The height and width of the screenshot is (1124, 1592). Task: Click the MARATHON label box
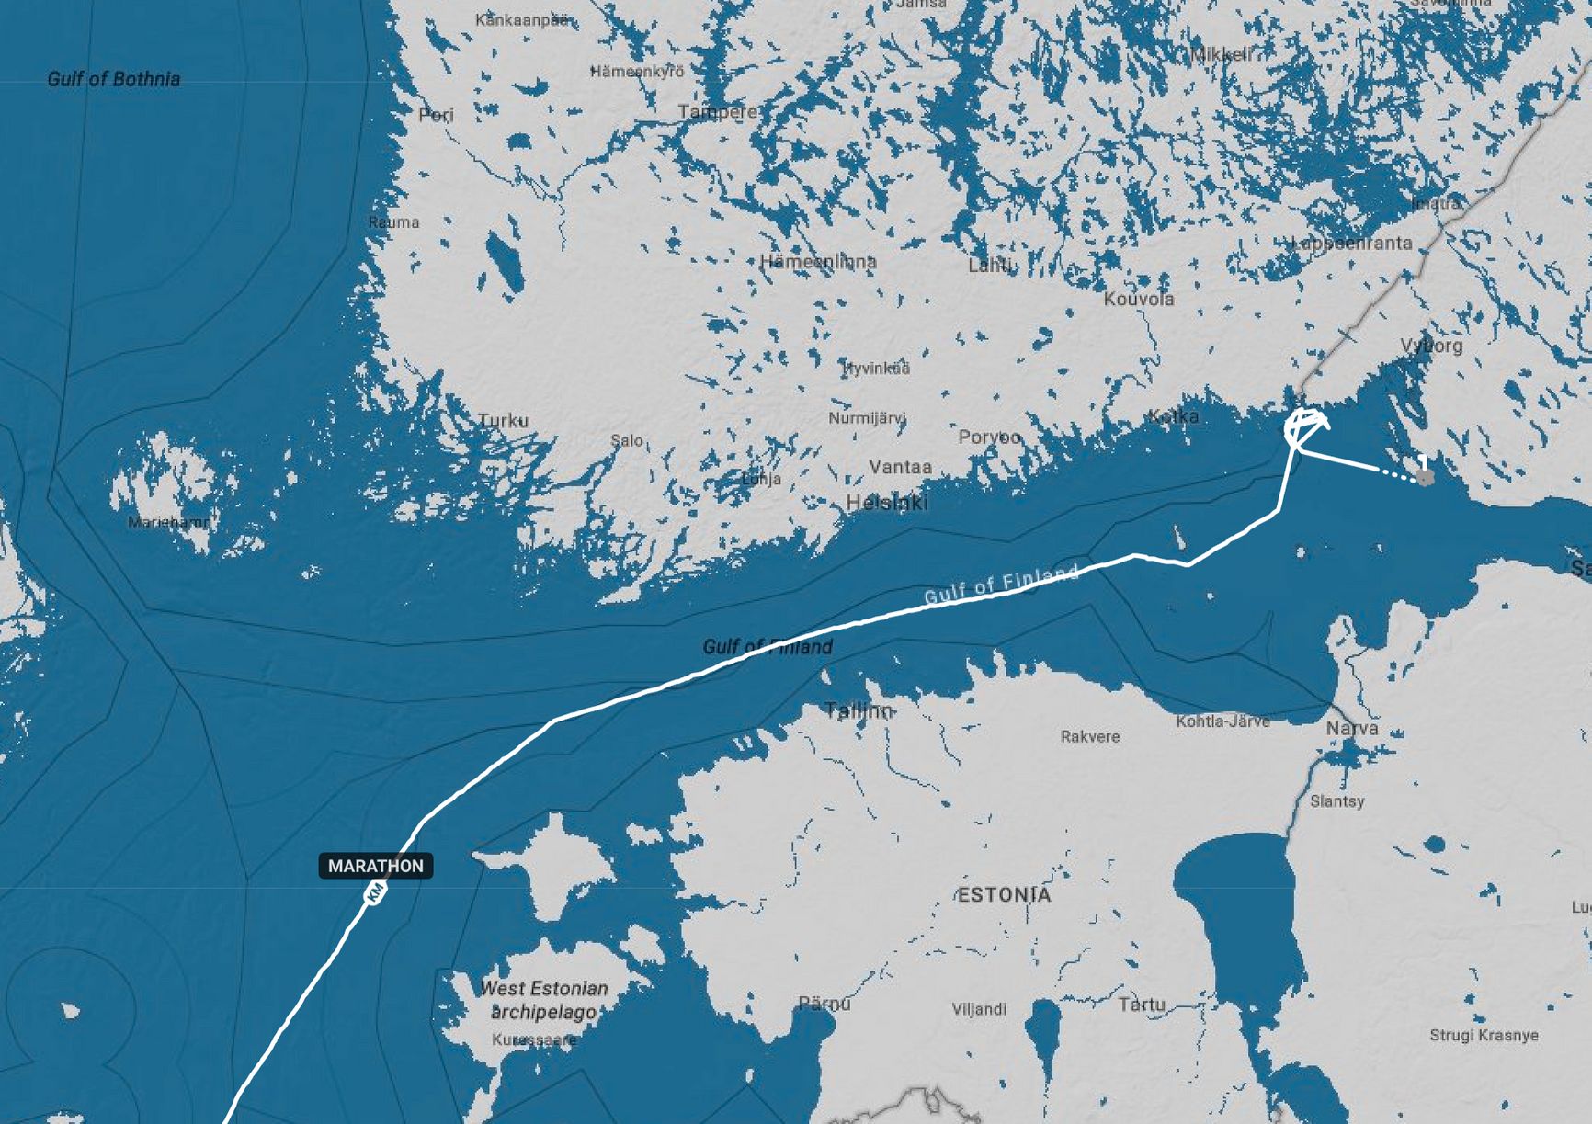point(376,866)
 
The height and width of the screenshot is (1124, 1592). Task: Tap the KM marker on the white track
point(375,892)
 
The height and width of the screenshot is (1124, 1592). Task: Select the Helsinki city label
point(887,503)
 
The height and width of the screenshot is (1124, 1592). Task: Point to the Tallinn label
point(859,710)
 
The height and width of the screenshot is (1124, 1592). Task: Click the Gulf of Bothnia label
point(114,79)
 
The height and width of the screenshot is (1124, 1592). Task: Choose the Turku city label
point(504,421)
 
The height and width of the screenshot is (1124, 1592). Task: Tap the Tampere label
point(718,112)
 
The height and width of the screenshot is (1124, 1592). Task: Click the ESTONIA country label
point(1004,895)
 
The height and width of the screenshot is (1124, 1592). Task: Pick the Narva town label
point(1352,729)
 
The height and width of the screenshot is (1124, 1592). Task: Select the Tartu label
point(1142,1005)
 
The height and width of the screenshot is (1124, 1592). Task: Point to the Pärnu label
point(824,1004)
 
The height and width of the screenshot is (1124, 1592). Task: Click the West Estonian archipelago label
point(544,1000)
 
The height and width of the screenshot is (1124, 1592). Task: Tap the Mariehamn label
point(170,522)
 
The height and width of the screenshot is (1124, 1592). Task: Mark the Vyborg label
point(1431,346)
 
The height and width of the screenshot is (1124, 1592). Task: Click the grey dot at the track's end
point(1425,477)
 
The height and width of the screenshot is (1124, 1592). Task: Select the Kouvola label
point(1139,299)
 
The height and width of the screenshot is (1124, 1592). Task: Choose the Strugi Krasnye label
point(1484,1035)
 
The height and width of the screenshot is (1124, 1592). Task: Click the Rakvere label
point(1090,736)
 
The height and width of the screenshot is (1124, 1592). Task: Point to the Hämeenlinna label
point(818,262)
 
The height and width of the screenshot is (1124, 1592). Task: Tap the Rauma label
point(393,222)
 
